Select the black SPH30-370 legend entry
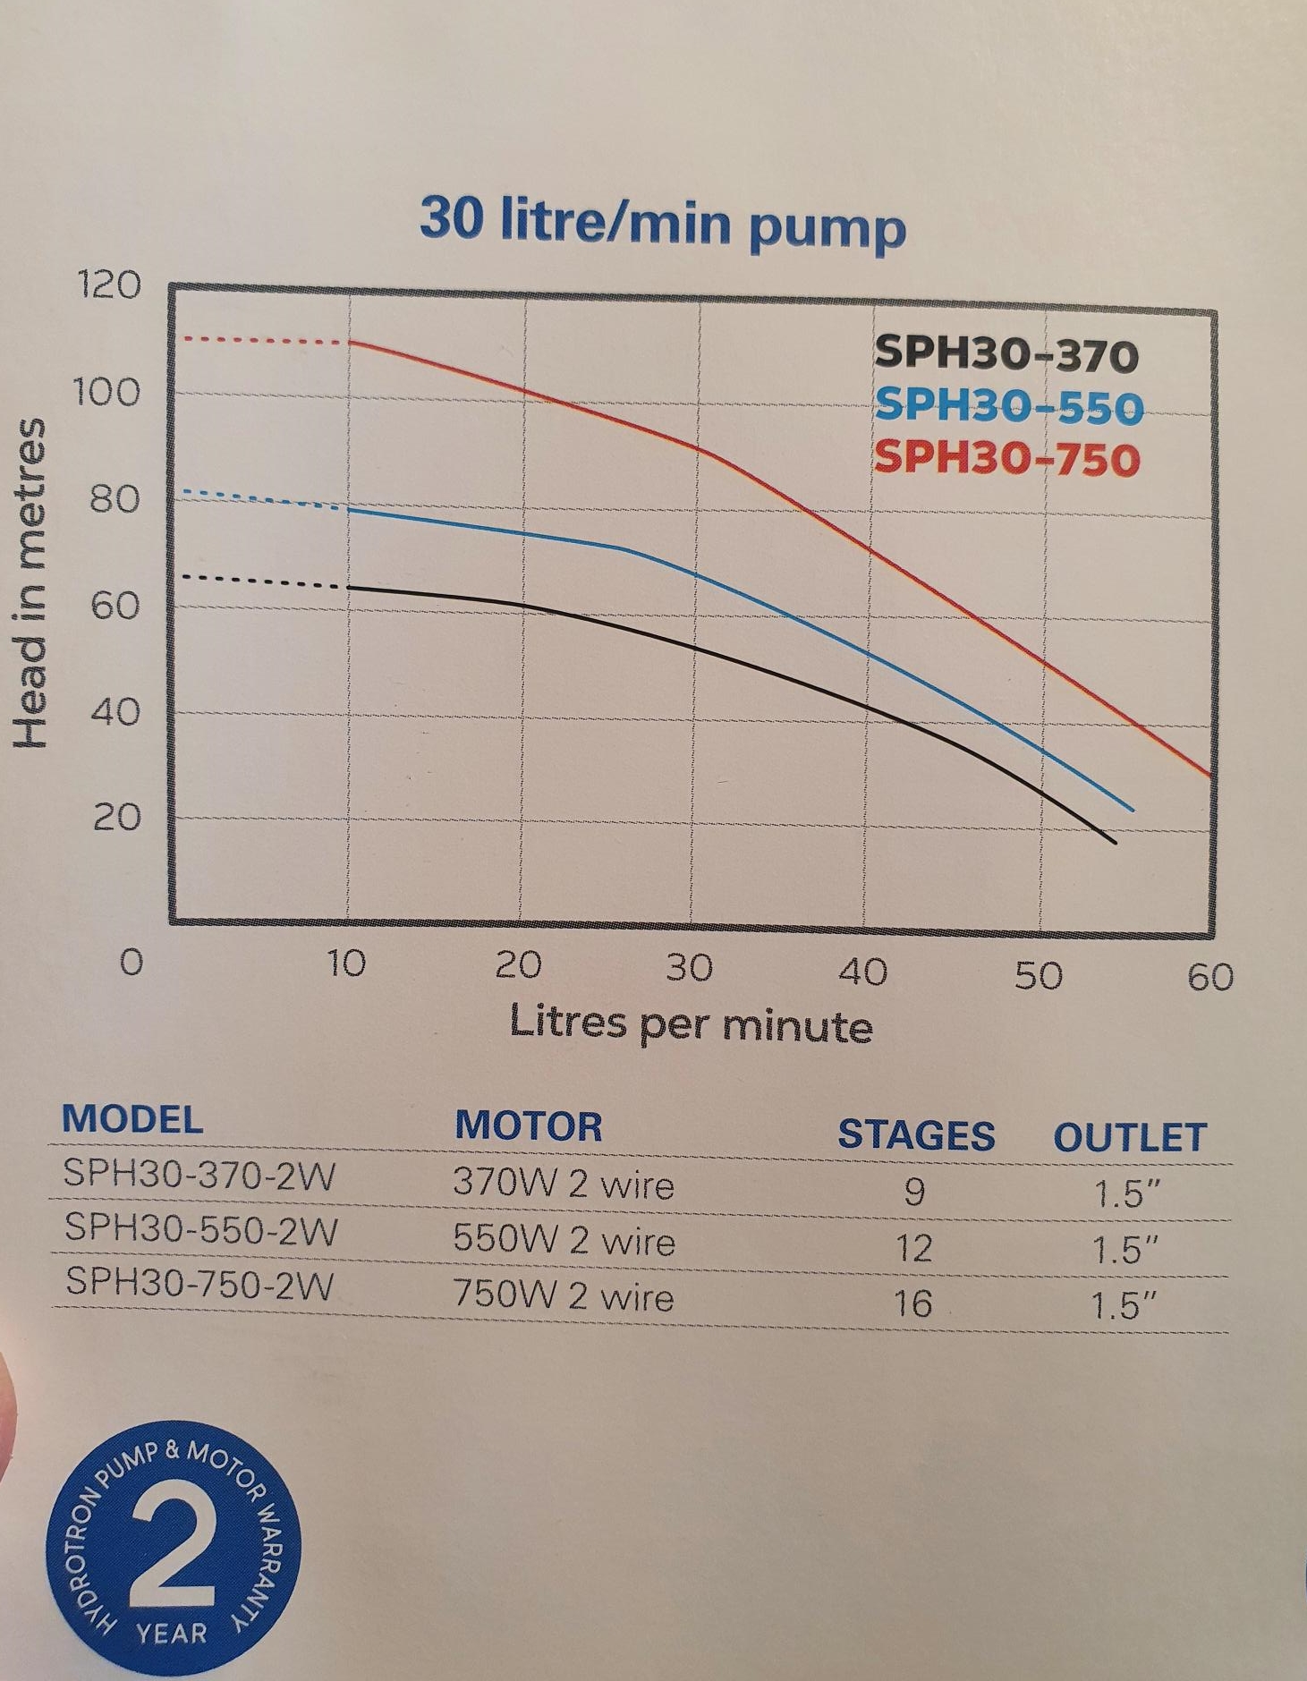pyautogui.click(x=1006, y=354)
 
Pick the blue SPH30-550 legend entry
pyautogui.click(x=1008, y=406)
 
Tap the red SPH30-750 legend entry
pyautogui.click(x=1006, y=458)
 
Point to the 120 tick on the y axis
pyautogui.click(x=110, y=285)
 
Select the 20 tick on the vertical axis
pyautogui.click(x=117, y=818)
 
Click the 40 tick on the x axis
pyautogui.click(x=862, y=972)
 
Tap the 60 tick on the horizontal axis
pyautogui.click(x=1210, y=977)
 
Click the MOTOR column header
pyautogui.click(x=528, y=1126)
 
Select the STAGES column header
pyautogui.click(x=915, y=1135)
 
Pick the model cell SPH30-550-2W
pyautogui.click(x=200, y=1229)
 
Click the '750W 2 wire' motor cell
pyautogui.click(x=563, y=1295)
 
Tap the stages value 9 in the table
pyautogui.click(x=913, y=1192)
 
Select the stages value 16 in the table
pyautogui.click(x=913, y=1303)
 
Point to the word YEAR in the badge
pyautogui.click(x=172, y=1634)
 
